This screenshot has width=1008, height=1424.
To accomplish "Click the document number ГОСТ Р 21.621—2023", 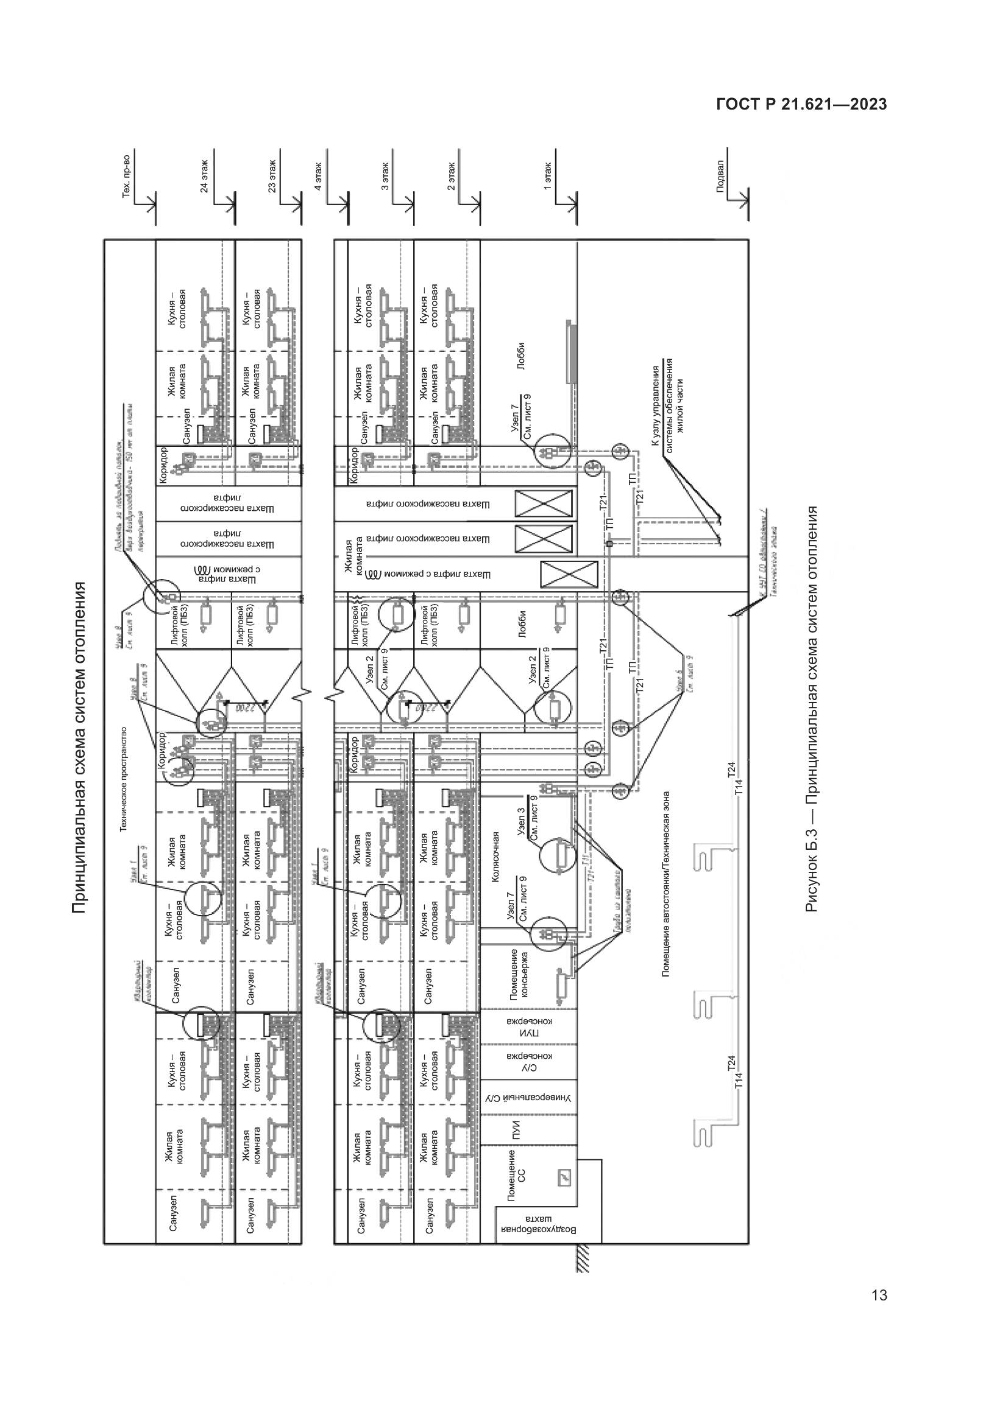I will click(801, 105).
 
